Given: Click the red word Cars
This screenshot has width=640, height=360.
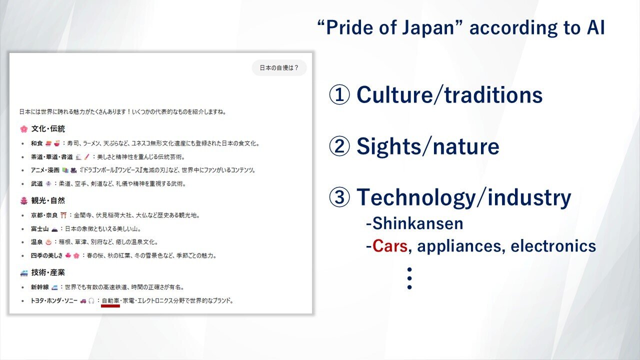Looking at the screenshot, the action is [x=390, y=246].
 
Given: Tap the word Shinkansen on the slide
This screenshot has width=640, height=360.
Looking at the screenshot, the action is [x=418, y=223].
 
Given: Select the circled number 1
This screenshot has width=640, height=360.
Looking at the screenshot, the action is [x=339, y=94].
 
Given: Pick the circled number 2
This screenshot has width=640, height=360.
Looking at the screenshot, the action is [x=339, y=146].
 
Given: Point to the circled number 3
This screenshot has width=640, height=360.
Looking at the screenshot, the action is [x=339, y=197].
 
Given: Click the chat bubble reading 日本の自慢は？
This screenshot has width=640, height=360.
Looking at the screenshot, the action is [x=279, y=67].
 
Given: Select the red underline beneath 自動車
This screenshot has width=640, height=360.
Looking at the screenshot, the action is [x=110, y=306].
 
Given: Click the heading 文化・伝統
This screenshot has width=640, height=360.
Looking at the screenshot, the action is [x=48, y=129].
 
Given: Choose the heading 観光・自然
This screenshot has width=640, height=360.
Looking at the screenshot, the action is [x=48, y=200].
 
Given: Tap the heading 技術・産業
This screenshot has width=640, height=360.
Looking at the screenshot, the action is [x=48, y=272].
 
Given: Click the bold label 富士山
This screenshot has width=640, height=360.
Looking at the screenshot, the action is [x=39, y=229].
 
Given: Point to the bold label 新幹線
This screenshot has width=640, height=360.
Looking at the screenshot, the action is [x=39, y=287].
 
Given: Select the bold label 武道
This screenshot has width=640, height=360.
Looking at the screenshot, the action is [x=37, y=183].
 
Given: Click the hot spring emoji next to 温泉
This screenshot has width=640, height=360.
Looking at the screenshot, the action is [x=48, y=242].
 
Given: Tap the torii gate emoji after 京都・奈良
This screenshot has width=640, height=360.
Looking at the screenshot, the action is [x=63, y=215].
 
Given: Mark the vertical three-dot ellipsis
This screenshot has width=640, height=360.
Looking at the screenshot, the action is [x=409, y=278].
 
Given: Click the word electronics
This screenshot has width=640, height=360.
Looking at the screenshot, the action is [x=553, y=246].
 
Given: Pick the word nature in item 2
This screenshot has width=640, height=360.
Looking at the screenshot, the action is [x=466, y=146].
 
